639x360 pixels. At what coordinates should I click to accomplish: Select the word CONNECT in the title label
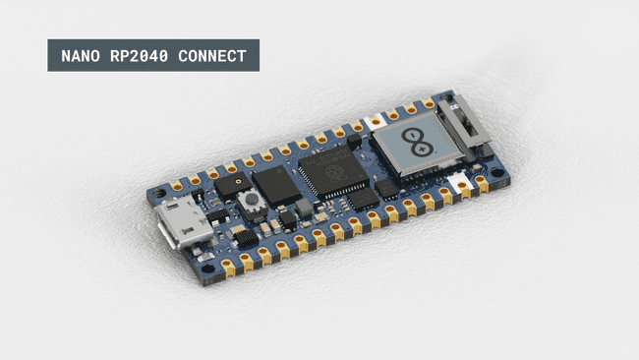pos(211,56)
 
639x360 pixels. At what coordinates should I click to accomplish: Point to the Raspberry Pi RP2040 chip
pos(331,168)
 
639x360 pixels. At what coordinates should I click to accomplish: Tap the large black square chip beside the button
pos(276,183)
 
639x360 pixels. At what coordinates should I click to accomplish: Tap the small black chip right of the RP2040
pos(387,187)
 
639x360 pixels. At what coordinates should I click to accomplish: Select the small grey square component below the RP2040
pos(305,208)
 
